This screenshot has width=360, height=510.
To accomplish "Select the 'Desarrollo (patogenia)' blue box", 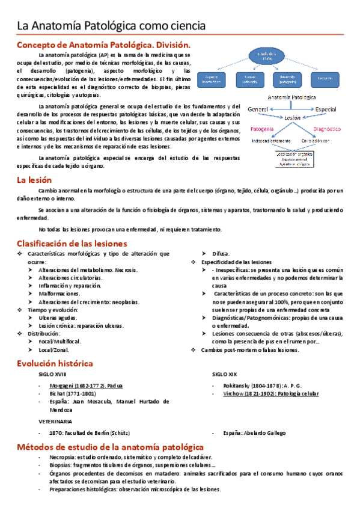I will (x=283, y=79).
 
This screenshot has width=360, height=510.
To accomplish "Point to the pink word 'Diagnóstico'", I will (x=326, y=129).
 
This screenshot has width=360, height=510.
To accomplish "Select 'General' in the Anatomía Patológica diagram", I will (x=257, y=109).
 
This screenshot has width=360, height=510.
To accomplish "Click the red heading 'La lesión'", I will (x=34, y=180).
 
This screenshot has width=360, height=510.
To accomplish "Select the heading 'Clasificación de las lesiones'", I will (x=72, y=244).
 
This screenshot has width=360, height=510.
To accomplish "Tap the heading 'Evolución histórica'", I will (x=55, y=363).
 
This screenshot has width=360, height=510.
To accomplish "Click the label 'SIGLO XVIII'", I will (x=53, y=375).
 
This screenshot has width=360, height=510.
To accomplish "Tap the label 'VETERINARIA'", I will (x=55, y=422).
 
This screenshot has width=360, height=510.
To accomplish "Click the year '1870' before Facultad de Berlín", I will (x=52, y=433).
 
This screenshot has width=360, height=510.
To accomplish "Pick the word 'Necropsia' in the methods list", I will (x=55, y=457).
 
